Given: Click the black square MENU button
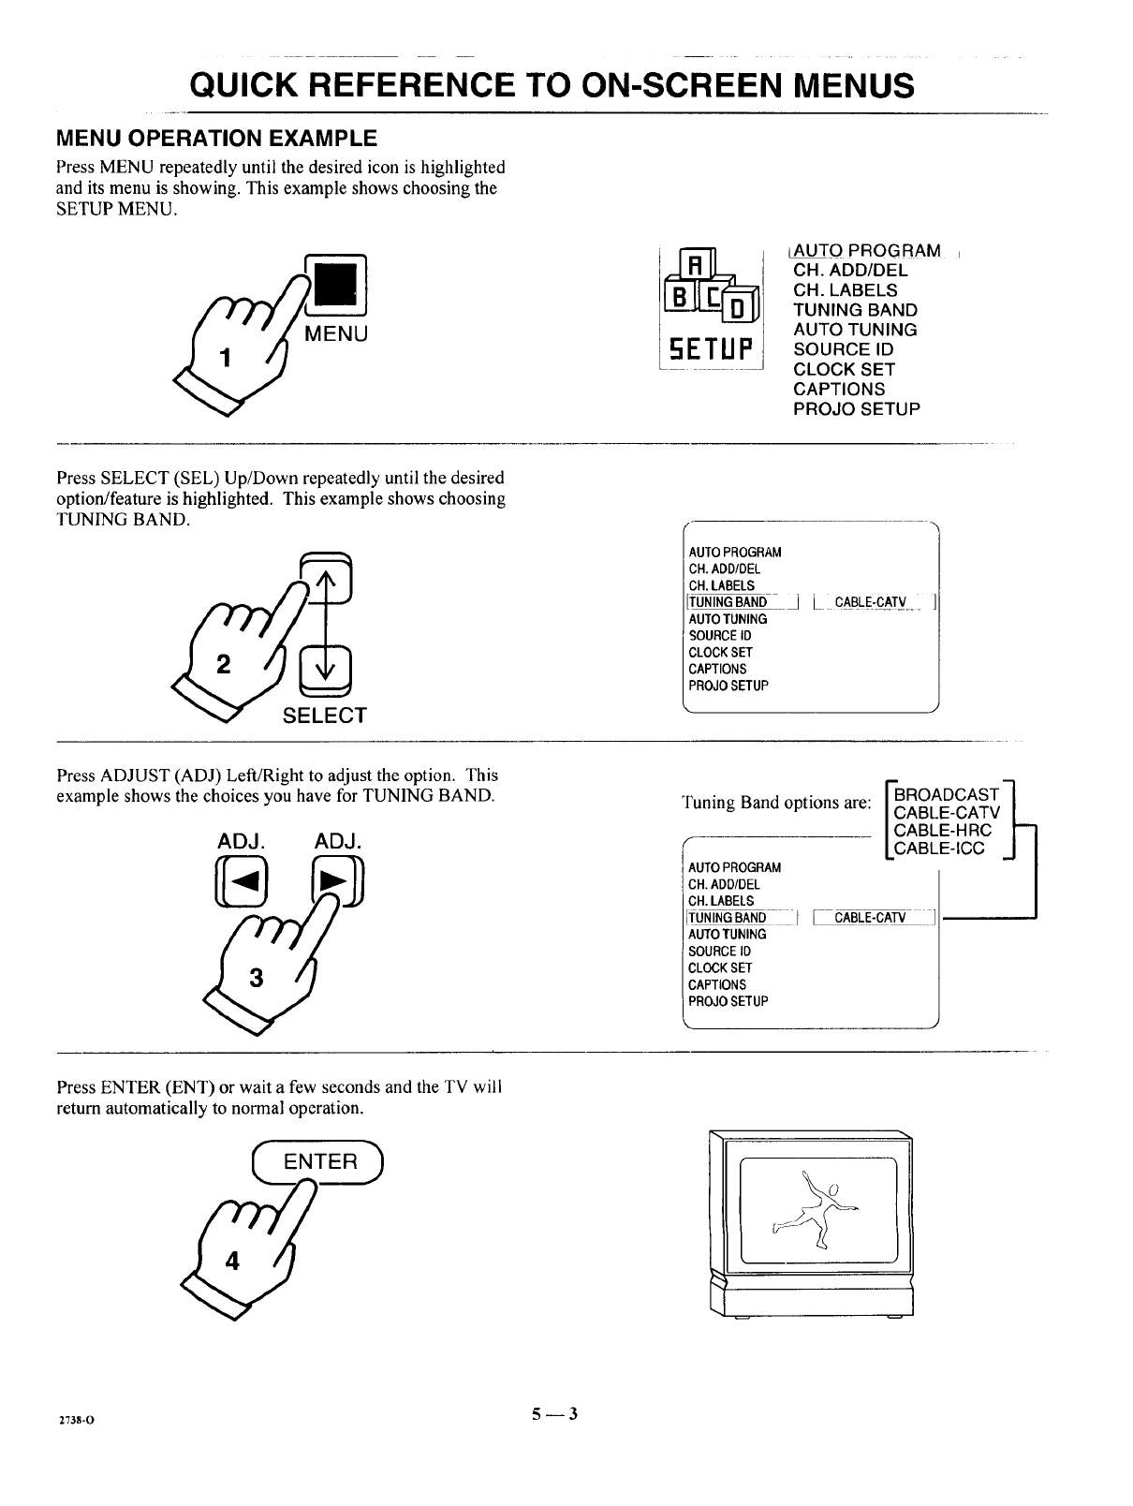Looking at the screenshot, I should point(336,284).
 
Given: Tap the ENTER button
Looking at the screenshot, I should point(320,1162).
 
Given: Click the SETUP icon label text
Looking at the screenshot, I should point(713,352).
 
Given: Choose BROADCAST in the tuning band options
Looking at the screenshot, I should point(947,794).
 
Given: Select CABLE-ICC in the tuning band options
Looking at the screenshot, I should point(940,849).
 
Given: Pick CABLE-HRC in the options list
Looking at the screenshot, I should point(943,831).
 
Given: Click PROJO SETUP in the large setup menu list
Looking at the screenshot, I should point(856,409).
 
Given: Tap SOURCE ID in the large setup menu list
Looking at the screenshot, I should point(843,349).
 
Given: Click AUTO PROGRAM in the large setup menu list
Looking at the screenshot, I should point(866,250).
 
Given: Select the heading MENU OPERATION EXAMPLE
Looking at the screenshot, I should point(216,139).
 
